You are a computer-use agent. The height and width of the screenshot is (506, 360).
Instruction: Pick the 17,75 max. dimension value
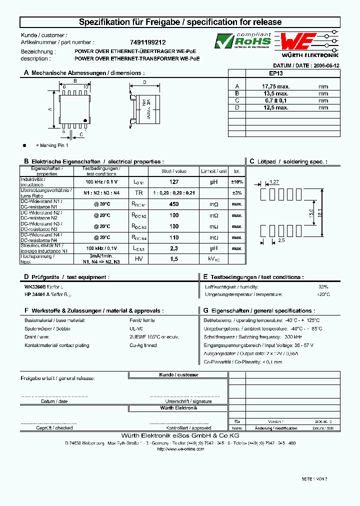click(x=276, y=86)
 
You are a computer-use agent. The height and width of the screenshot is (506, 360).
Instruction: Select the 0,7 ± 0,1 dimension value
click(x=276, y=100)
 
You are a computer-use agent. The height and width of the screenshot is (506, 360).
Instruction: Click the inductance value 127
click(x=174, y=182)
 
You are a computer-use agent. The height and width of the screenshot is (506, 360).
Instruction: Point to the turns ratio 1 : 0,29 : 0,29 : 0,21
click(x=174, y=193)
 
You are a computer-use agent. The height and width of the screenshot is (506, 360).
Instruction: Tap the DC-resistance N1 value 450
click(x=174, y=204)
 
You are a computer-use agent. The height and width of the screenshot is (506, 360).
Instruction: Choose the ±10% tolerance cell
click(x=237, y=182)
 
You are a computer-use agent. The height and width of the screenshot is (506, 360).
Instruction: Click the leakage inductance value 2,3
click(x=174, y=248)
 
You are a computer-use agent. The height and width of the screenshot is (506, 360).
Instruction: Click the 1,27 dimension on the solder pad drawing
click(x=274, y=182)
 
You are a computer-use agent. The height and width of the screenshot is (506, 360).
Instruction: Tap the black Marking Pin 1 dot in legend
click(x=24, y=145)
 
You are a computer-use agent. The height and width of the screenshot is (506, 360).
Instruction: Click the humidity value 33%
click(x=323, y=286)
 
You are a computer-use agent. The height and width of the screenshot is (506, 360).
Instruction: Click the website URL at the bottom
click(x=180, y=449)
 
